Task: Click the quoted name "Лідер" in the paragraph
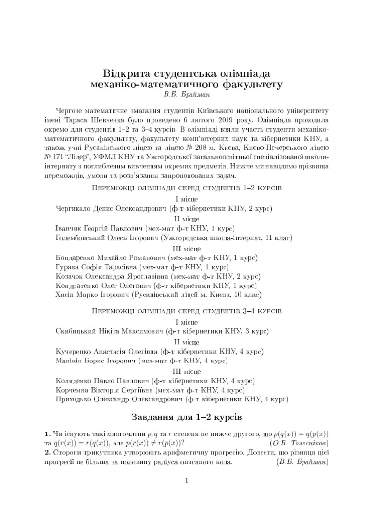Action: click(82, 156)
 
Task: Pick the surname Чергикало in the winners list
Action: click(74, 209)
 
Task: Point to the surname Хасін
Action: click(67, 295)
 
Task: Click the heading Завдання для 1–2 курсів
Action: click(186, 418)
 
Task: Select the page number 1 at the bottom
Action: click(187, 481)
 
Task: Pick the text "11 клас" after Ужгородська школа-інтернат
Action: click(277, 238)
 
